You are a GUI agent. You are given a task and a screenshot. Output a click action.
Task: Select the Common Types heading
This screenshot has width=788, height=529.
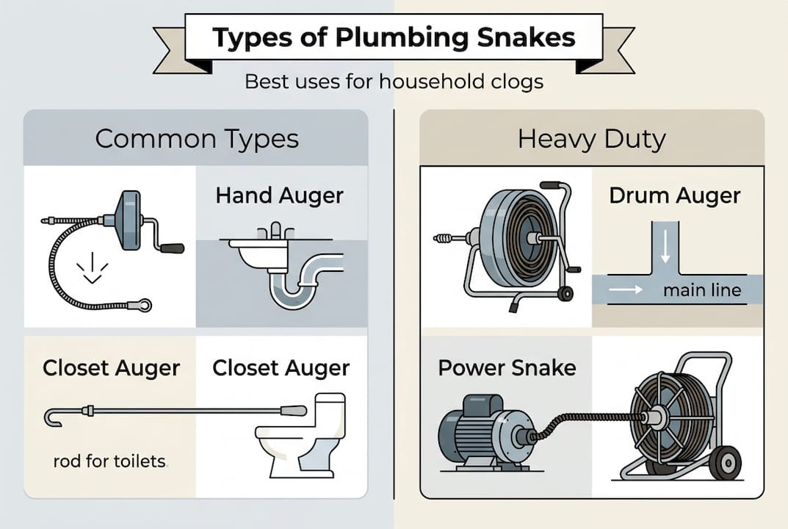tap(197, 138)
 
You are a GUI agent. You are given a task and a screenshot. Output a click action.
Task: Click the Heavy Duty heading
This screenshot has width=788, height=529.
tap(592, 138)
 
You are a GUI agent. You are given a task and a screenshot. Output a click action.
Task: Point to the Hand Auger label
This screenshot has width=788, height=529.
tap(279, 196)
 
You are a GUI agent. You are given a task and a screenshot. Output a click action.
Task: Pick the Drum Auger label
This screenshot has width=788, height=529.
tap(675, 196)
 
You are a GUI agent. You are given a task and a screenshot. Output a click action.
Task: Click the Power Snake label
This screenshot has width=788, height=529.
tap(507, 367)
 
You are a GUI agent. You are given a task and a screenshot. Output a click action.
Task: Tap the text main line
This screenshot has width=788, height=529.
tap(702, 290)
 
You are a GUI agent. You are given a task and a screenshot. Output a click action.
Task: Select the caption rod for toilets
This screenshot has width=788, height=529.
tap(110, 462)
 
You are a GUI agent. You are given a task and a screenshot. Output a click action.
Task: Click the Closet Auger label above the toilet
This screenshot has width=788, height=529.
tap(281, 367)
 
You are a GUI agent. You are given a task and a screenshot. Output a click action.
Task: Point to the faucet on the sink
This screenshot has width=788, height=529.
tap(275, 231)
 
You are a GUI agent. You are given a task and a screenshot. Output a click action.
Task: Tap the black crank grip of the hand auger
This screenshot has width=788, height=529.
tap(172, 248)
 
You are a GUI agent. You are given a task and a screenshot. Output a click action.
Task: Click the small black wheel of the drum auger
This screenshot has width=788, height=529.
tap(565, 294)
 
